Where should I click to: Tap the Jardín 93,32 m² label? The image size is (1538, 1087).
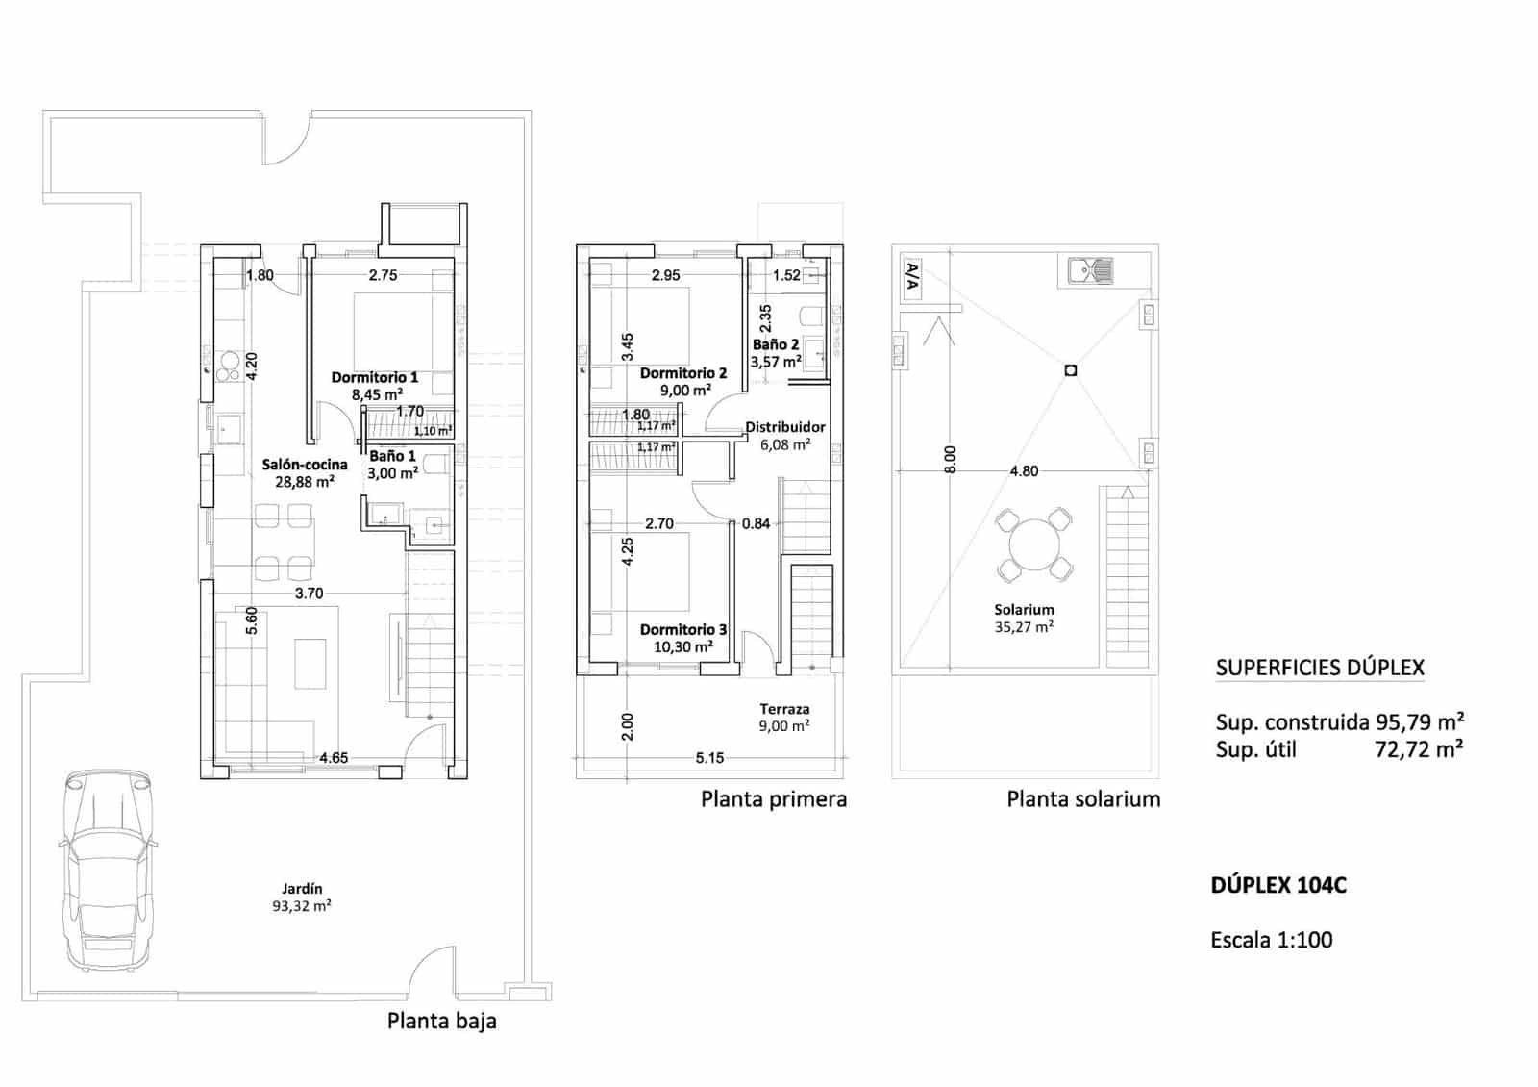[302, 897]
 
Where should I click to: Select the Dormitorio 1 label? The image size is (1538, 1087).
[375, 385]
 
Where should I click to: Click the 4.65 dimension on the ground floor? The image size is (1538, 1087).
[334, 758]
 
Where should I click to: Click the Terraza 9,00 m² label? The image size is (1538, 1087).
[784, 717]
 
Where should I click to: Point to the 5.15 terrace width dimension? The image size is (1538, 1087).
[709, 758]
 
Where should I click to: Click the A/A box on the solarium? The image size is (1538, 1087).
[912, 277]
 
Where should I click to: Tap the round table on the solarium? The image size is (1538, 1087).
[1033, 545]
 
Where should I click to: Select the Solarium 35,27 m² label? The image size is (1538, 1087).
[1024, 618]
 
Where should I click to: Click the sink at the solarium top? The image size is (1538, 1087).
[1089, 270]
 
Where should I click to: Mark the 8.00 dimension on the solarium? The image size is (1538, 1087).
[950, 459]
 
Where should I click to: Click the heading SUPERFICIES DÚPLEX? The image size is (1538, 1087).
[1319, 668]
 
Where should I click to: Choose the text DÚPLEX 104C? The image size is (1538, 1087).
[1278, 885]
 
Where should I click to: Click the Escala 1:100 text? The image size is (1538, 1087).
[1271, 940]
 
